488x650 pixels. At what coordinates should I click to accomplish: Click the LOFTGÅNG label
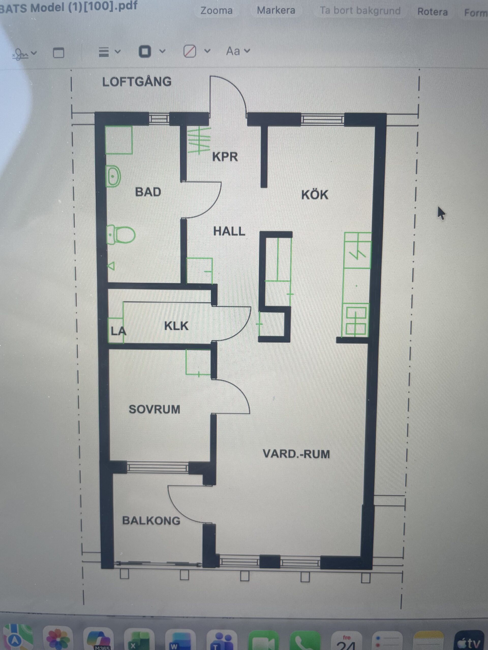[x=137, y=82]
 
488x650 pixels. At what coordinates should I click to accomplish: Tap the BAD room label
[x=148, y=192]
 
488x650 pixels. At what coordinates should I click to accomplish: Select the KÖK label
[x=314, y=194]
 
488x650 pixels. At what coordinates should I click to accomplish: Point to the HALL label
[x=229, y=231]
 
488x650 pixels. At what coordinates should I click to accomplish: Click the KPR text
[x=225, y=157]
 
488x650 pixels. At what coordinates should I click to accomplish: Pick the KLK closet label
[x=176, y=326]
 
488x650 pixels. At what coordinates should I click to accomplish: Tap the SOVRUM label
[x=155, y=409]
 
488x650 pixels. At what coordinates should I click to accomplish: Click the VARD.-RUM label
[x=296, y=454]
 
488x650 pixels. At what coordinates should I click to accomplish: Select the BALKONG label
[x=151, y=521]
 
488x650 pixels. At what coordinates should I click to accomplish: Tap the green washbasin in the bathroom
[x=113, y=176]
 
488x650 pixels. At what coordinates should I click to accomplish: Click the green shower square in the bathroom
[x=118, y=140]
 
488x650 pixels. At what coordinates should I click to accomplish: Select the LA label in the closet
[x=118, y=331]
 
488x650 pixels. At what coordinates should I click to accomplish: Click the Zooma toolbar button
[x=217, y=11]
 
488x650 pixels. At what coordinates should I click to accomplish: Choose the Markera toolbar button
[x=276, y=11]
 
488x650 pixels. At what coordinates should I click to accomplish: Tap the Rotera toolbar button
[x=432, y=12]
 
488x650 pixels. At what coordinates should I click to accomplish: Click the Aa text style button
[x=238, y=51]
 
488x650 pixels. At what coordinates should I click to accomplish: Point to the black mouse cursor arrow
[x=441, y=213]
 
